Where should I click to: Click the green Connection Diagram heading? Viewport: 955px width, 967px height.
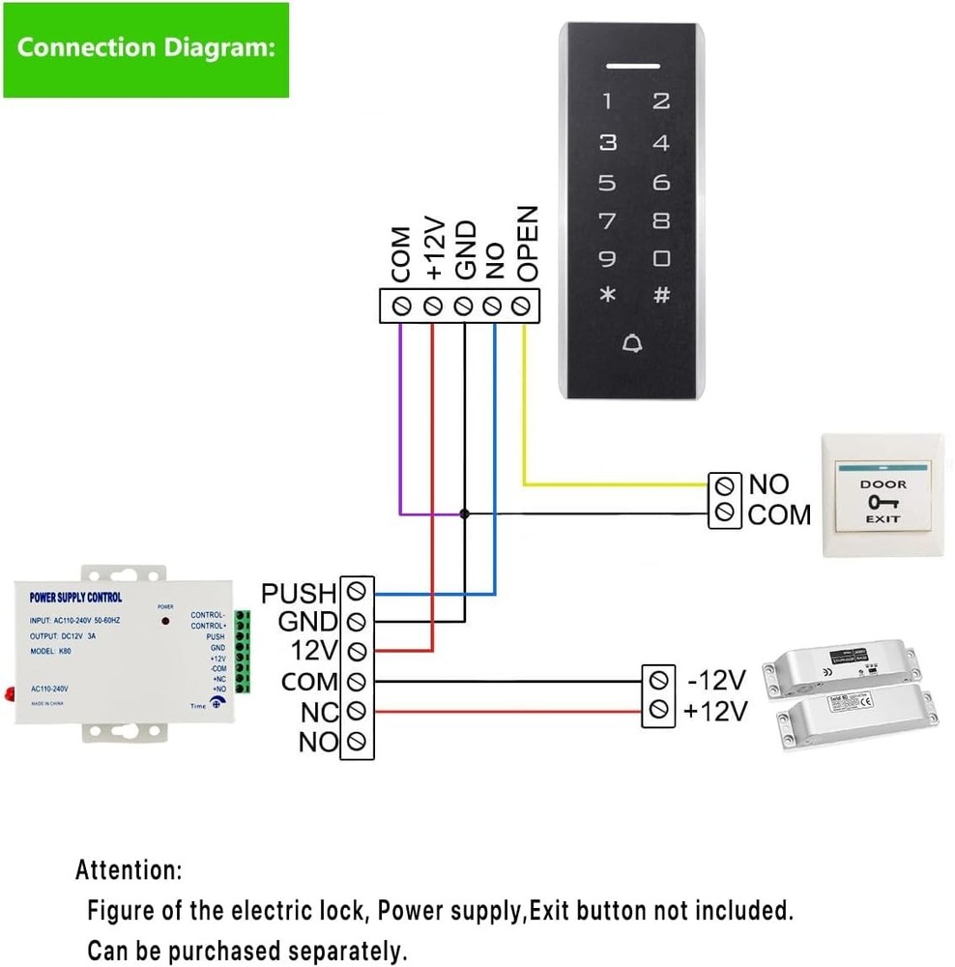coord(145,48)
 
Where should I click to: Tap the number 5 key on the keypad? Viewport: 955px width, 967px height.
coord(607,182)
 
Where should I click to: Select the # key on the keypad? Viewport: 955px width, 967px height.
coord(661,296)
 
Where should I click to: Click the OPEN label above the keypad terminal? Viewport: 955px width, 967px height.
coord(527,244)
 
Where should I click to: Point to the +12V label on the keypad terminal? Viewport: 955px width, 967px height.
coord(435,250)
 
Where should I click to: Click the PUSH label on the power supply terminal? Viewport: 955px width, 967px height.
coord(299,593)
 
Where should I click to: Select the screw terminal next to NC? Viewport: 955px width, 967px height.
coord(358,712)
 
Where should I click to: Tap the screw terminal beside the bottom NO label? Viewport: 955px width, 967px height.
coord(358,743)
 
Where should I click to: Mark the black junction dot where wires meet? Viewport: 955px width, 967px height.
coord(465,514)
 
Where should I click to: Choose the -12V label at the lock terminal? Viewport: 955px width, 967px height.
coord(717,680)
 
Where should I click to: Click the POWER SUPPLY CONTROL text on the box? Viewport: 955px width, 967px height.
coord(76,598)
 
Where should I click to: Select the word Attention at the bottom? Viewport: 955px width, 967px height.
coord(128,870)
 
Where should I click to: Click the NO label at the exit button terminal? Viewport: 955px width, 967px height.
coord(768,484)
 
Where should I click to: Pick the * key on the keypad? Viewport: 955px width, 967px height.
coord(607,296)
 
